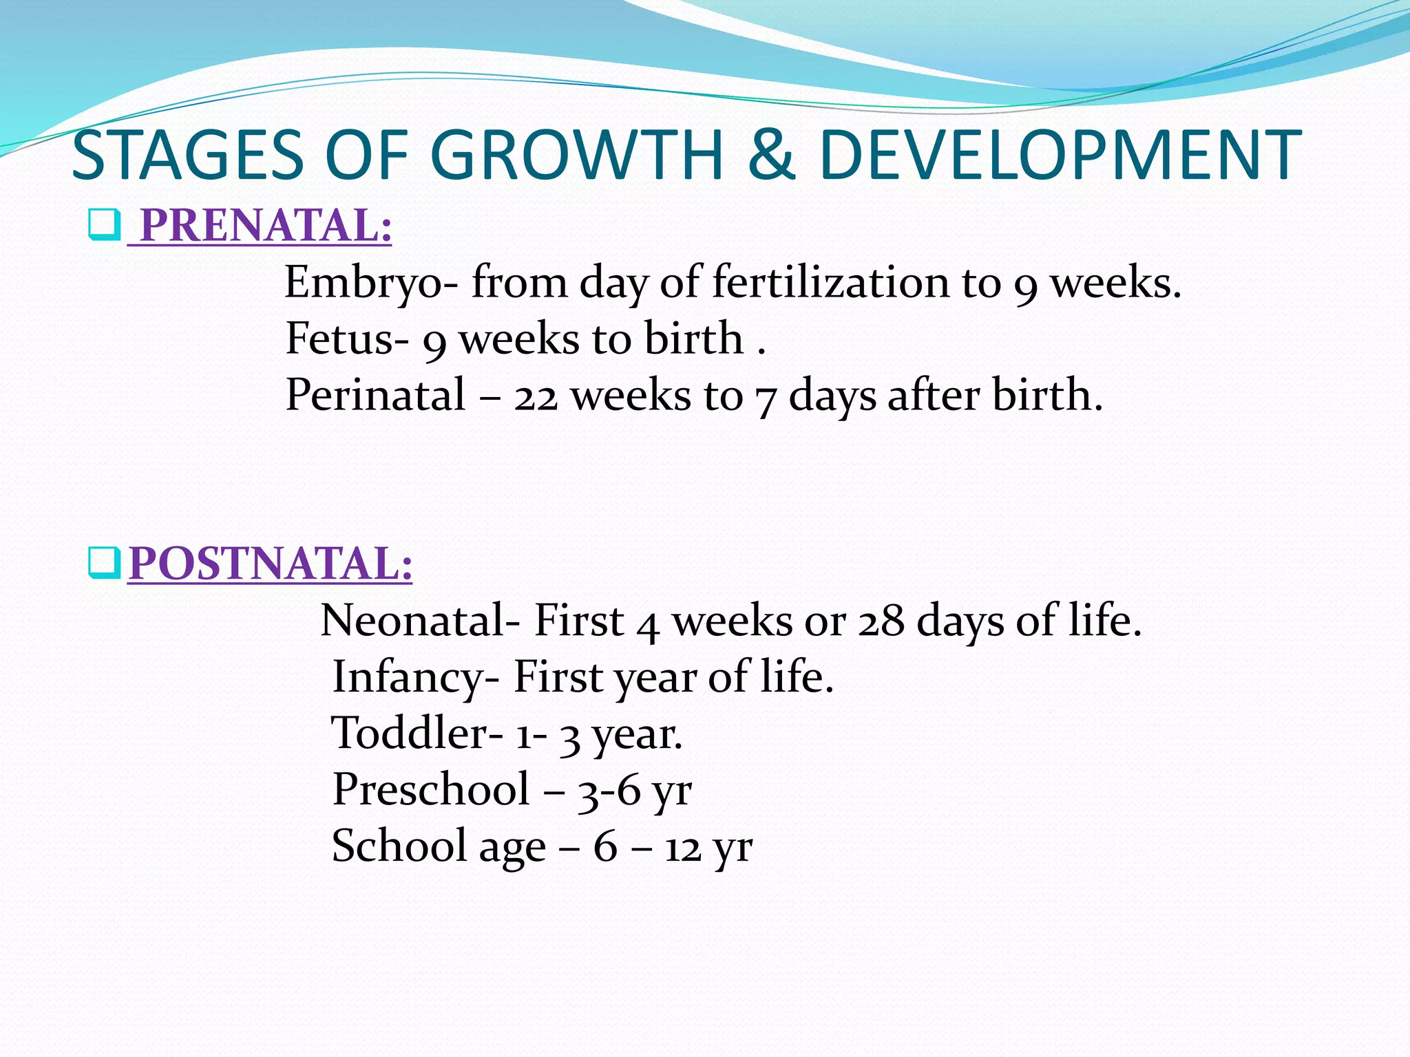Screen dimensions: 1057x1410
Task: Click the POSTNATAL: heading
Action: point(271,564)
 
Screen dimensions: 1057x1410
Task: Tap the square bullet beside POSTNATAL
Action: point(104,564)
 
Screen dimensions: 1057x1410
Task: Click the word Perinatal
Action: point(376,395)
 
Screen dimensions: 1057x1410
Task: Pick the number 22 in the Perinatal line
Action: point(536,398)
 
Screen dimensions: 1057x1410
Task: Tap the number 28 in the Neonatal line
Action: point(881,621)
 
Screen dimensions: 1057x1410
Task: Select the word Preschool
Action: point(431,789)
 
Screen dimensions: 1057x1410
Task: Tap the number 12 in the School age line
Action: point(683,848)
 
